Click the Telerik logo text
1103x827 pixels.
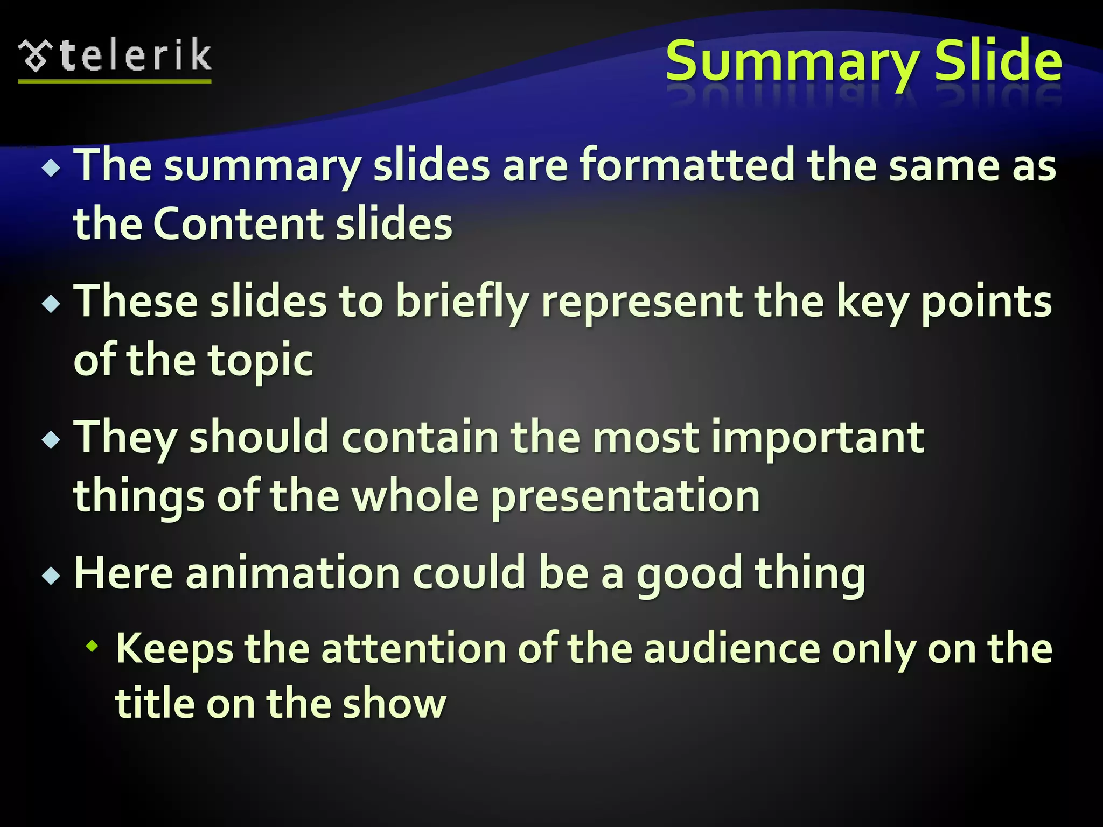[135, 56]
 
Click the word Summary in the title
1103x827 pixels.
[792, 61]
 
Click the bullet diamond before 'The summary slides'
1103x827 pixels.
[51, 169]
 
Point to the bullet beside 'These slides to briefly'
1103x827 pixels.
[51, 305]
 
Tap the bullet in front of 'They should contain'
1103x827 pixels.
[51, 440]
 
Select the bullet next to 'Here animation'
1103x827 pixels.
[51, 576]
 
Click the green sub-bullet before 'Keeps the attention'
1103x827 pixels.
[93, 646]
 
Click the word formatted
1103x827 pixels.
[686, 165]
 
